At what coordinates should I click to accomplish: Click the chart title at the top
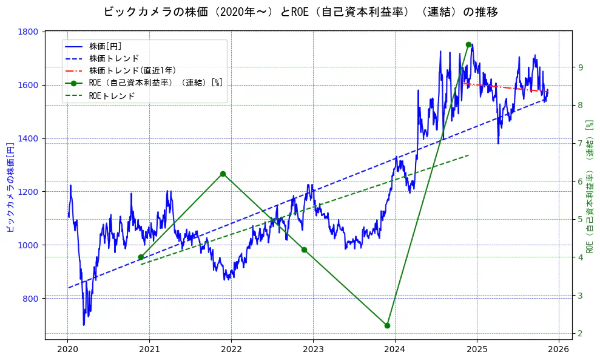300,12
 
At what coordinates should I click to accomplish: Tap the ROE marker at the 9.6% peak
468,44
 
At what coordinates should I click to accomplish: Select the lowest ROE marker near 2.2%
387,325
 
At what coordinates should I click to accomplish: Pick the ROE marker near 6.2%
223,174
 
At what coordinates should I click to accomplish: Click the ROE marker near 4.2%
304,250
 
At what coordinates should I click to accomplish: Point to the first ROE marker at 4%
141,257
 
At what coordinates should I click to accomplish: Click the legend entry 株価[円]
106,46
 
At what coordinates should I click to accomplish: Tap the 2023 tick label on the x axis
313,349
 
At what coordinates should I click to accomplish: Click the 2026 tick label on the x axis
559,349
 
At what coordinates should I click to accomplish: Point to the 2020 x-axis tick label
67,349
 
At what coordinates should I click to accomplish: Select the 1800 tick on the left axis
29,32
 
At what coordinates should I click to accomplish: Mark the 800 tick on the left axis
32,298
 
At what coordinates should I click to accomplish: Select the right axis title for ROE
589,186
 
